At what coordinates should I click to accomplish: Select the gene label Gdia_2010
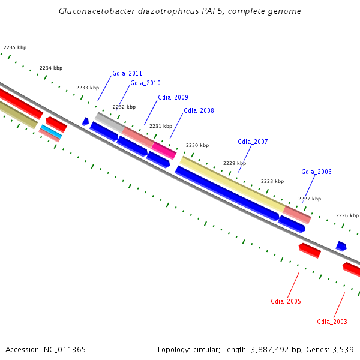coord(145,83)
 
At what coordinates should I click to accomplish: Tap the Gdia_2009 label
coord(173,97)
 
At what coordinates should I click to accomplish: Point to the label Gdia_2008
coord(199,110)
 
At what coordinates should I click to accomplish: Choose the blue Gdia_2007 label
coord(253,142)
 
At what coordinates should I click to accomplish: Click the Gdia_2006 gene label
coord(316,172)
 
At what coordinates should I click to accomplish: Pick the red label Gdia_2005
coord(286,301)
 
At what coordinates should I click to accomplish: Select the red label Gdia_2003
coord(332,322)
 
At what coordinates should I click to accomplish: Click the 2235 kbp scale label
coord(15,47)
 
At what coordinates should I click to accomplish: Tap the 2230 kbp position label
coord(197,145)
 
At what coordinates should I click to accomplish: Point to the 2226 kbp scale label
coord(347,215)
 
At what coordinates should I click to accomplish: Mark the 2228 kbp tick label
coord(272,181)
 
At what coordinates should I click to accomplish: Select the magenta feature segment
coord(164,150)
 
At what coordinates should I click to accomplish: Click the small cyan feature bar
coord(51,131)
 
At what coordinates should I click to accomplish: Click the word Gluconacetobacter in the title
coord(95,11)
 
